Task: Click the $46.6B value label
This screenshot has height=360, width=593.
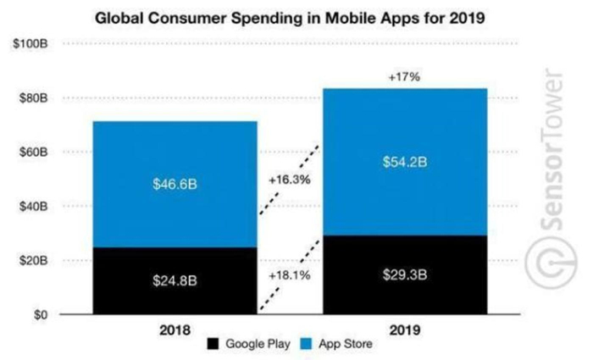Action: click(175, 183)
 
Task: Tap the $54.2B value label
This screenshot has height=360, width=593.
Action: click(405, 162)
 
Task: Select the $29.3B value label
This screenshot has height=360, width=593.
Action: click(405, 275)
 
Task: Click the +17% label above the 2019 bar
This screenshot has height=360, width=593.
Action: click(404, 76)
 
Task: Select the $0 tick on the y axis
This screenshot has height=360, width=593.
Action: click(39, 314)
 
